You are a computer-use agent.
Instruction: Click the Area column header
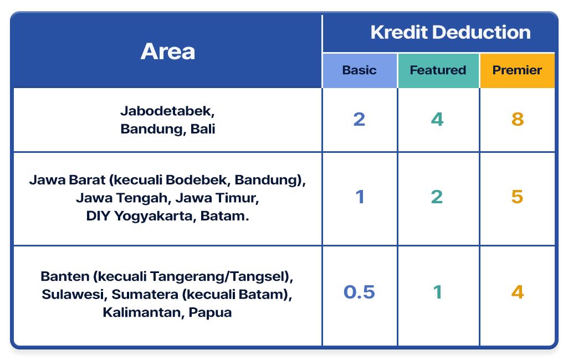167,52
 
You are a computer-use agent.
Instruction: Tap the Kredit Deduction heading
450,32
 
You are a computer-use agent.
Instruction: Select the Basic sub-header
359,70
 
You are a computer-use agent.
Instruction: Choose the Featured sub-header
438,70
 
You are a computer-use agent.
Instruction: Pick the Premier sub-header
517,70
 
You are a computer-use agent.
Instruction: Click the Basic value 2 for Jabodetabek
359,119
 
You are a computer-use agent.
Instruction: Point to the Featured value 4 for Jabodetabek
437,119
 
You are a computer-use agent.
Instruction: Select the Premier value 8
517,119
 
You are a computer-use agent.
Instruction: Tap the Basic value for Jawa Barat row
360,197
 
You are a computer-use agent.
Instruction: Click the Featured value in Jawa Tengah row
437,197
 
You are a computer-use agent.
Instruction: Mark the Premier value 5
517,197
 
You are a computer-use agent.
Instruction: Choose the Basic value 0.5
359,292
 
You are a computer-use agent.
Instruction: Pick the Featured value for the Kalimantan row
437,292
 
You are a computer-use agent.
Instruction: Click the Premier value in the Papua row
517,292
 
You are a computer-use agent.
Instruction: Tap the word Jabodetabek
166,110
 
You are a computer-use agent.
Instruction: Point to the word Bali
203,129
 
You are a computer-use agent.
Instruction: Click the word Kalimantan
141,312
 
